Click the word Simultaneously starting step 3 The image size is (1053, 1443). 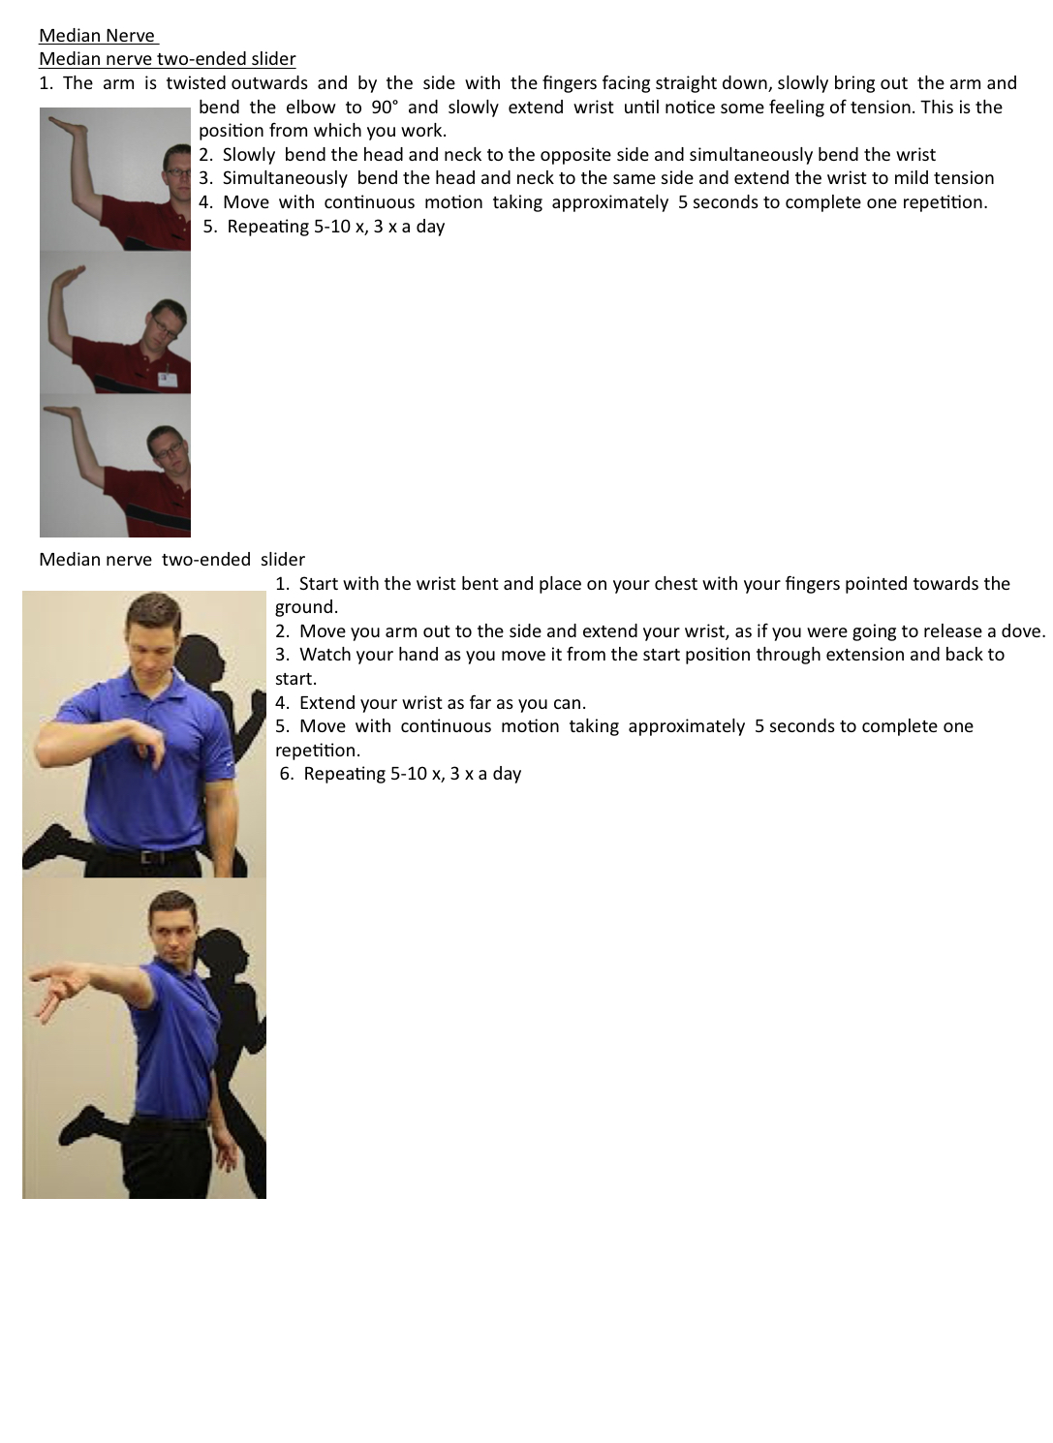[285, 178]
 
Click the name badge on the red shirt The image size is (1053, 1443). [168, 378]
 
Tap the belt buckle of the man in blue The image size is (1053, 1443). [149, 857]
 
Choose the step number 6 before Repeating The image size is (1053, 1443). [285, 774]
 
